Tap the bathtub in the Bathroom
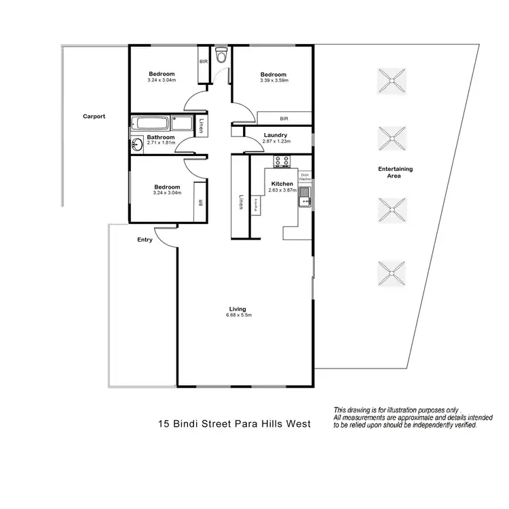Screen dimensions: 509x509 tap(150, 124)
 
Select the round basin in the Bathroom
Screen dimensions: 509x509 tap(136, 143)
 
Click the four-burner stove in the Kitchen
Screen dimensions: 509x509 tap(282, 162)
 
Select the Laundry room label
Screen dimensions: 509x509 tap(276, 134)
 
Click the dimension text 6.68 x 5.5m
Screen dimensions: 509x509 tap(237, 315)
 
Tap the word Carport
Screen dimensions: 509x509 tap(94, 116)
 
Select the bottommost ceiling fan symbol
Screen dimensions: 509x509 tap(392, 273)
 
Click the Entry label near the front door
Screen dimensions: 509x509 tap(145, 239)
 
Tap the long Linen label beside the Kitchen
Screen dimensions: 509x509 tap(240, 202)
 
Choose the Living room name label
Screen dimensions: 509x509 tap(237, 309)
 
